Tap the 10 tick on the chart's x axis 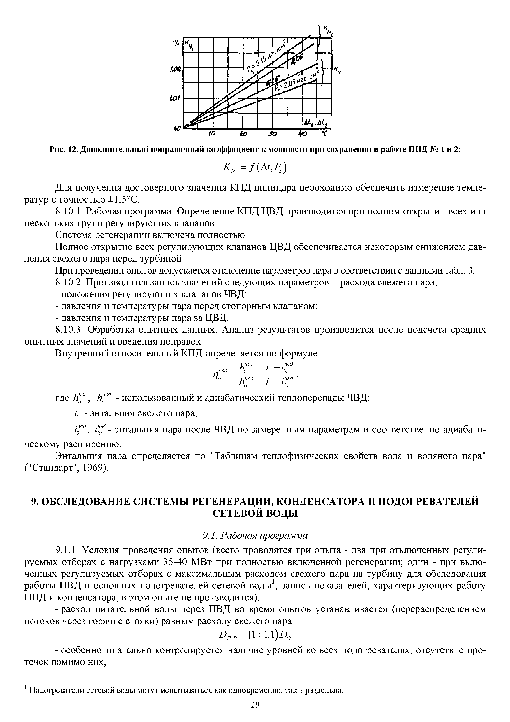click(213, 134)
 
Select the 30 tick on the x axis click(272, 134)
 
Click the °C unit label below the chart click(324, 134)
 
